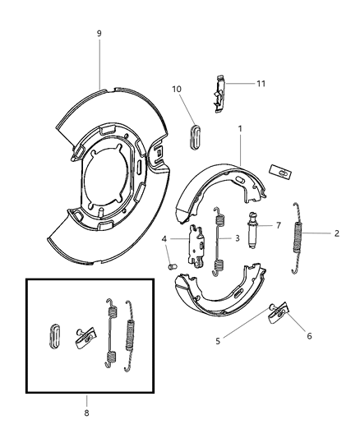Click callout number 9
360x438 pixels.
[x=99, y=34]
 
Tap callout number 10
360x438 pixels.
[x=177, y=89]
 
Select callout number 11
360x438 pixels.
[x=261, y=83]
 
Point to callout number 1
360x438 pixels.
[x=239, y=129]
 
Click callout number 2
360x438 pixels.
[x=337, y=233]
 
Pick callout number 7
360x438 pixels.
[x=278, y=224]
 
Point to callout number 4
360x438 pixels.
[x=164, y=239]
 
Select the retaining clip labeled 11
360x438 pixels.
[x=217, y=92]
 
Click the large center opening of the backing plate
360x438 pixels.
[x=106, y=176]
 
